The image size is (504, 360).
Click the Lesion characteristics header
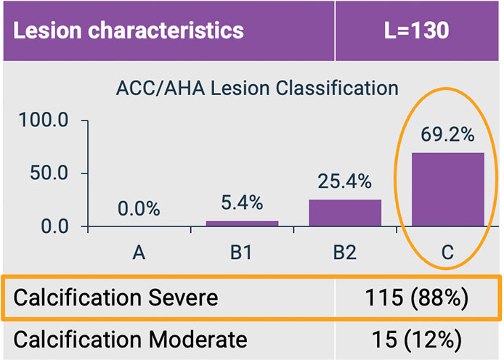[129, 30]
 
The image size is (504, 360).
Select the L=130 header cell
[418, 30]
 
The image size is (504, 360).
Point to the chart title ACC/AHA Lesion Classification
[257, 89]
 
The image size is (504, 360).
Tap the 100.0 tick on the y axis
[44, 120]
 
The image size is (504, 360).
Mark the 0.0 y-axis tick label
[54, 226]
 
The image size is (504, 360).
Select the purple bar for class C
[447, 189]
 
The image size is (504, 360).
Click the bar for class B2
[345, 213]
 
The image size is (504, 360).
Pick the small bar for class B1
[242, 224]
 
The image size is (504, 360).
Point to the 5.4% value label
[242, 203]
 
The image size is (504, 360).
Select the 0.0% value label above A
[139, 209]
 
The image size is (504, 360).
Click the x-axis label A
[139, 253]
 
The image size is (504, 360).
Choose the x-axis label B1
[242, 253]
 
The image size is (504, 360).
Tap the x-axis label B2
[345, 253]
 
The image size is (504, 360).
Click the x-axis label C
[447, 253]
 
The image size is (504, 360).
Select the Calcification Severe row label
[116, 298]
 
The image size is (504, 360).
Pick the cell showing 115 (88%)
[418, 298]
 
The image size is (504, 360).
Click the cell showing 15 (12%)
[418, 339]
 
